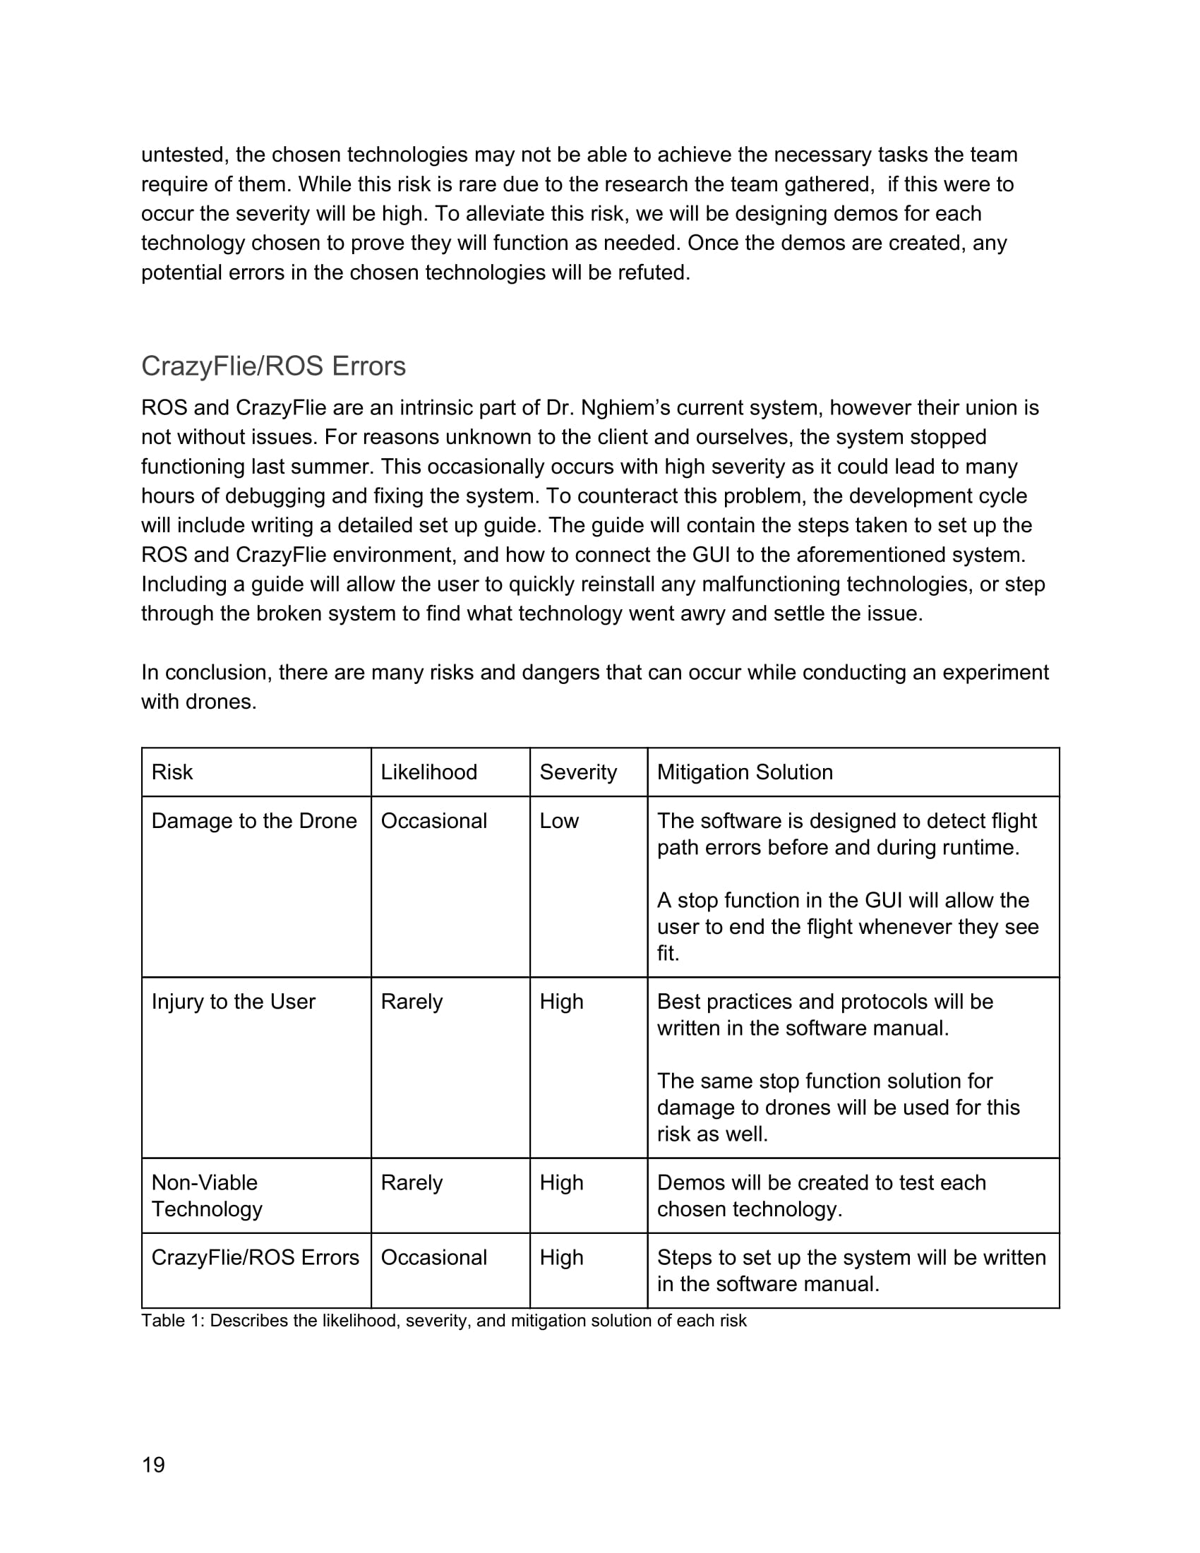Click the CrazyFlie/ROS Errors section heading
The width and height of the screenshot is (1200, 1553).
pos(274,366)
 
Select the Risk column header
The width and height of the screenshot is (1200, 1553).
pos(172,772)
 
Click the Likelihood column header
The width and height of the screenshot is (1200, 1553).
pos(428,772)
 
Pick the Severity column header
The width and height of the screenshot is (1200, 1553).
pos(578,772)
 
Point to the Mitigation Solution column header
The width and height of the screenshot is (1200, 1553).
pos(744,772)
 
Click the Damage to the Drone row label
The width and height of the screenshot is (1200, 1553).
pos(254,820)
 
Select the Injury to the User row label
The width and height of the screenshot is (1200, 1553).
pos(233,1001)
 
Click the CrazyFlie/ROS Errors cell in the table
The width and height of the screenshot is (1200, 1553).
pos(256,1257)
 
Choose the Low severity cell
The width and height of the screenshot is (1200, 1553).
pos(559,820)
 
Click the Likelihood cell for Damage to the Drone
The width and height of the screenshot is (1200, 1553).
pos(433,820)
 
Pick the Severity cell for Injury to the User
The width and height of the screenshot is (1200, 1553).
pos(562,1001)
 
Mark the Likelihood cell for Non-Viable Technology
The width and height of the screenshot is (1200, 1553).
pos(412,1182)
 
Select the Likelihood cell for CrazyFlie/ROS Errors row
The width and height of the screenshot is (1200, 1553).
pos(433,1257)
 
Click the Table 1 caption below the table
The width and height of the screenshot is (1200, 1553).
pos(443,1321)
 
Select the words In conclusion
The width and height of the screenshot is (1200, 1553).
pos(206,673)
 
